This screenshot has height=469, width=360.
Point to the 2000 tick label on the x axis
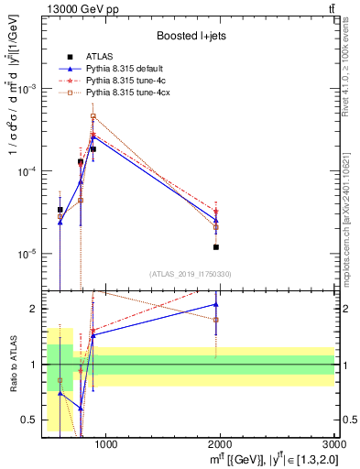[x=221, y=445]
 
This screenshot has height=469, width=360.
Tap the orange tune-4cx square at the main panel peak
[x=93, y=117]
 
